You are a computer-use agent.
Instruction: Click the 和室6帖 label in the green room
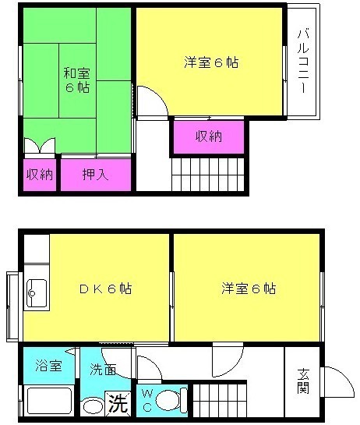(76, 80)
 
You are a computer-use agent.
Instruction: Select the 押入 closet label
(95, 174)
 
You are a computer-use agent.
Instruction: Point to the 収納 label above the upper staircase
(208, 136)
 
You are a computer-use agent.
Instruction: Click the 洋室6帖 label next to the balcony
(210, 63)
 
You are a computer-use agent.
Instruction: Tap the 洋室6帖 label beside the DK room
(248, 289)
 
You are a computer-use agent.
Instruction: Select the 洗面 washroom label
(103, 370)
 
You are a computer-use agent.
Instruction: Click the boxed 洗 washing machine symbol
(116, 404)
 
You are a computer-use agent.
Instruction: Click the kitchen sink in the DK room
(35, 294)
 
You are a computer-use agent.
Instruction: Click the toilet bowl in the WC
(168, 401)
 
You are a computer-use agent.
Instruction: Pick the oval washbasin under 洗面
(92, 406)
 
